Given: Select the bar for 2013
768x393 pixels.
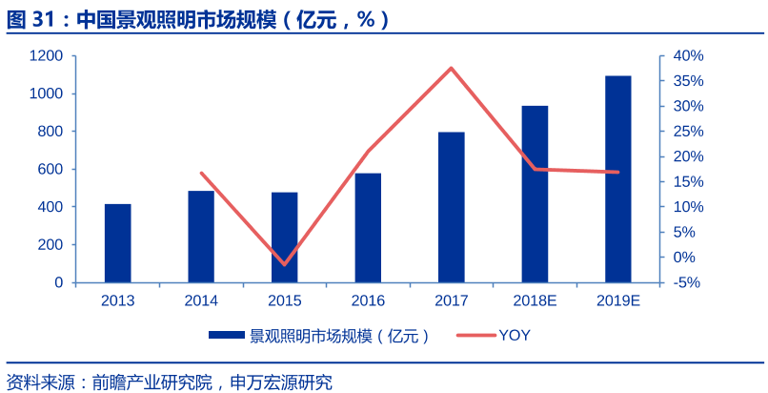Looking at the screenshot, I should (x=118, y=243).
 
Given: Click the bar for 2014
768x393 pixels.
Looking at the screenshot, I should (x=201, y=237).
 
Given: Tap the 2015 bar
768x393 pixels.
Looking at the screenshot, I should (x=284, y=238).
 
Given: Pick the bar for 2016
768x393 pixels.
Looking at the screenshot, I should (x=368, y=228).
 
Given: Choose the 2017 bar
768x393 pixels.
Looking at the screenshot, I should (x=452, y=207).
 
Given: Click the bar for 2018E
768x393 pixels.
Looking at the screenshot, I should (x=535, y=194).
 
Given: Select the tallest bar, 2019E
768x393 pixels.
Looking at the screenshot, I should (x=617, y=179).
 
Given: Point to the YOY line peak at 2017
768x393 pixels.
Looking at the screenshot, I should (x=452, y=68).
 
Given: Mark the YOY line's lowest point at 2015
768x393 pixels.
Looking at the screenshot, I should (x=284, y=264).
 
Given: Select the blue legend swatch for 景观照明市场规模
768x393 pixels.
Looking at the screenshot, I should (x=227, y=335).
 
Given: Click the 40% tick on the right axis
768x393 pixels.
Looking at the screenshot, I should (x=688, y=56).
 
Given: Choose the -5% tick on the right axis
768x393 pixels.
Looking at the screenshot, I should (x=688, y=282).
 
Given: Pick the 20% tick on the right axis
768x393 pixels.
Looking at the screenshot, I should (x=688, y=156).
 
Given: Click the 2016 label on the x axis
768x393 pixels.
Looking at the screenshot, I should (x=368, y=300).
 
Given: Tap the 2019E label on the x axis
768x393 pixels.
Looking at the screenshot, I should (x=617, y=300).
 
